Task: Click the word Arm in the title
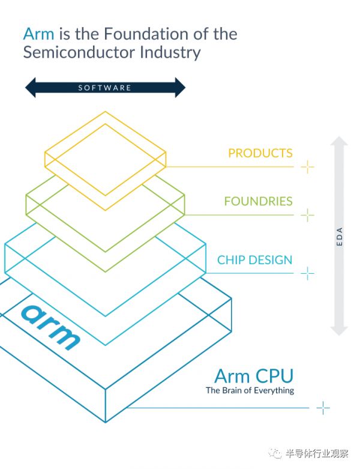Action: (x=38, y=33)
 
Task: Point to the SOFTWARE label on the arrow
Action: (x=105, y=88)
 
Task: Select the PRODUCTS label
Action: (x=260, y=153)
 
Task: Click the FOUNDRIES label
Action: (x=258, y=201)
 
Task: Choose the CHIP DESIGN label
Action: (x=254, y=260)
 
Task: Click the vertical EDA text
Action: (x=340, y=237)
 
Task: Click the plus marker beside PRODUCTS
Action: (x=307, y=166)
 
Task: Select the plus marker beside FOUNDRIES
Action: (x=307, y=214)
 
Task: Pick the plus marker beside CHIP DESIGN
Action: (x=307, y=274)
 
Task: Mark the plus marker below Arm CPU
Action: (x=323, y=408)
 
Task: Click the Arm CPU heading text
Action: (x=254, y=377)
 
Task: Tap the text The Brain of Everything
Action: (x=250, y=390)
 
